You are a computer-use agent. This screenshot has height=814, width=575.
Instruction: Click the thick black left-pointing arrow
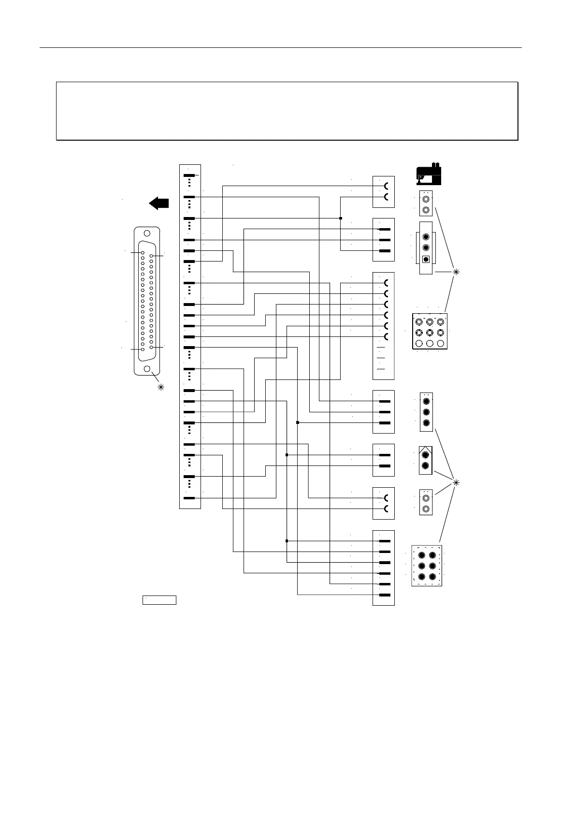[x=159, y=203]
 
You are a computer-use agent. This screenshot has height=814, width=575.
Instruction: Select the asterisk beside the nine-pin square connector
[x=456, y=272]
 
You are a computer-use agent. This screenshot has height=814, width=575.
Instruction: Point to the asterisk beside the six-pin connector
[x=456, y=482]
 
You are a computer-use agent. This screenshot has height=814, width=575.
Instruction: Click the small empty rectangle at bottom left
[x=159, y=600]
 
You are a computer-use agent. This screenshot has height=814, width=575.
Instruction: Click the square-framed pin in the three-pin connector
[x=426, y=259]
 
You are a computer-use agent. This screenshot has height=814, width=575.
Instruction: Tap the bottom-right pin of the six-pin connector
[x=432, y=577]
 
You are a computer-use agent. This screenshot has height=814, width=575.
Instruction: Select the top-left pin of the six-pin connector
[x=421, y=555]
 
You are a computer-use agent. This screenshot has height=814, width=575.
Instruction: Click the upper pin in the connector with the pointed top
[x=425, y=455]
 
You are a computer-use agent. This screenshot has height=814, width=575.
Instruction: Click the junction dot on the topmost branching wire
[x=341, y=218]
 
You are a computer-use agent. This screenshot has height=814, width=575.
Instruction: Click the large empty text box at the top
[x=287, y=111]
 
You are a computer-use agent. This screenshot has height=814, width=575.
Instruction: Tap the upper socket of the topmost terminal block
[x=386, y=186]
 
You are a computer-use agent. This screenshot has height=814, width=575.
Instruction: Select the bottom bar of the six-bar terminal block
[x=385, y=595]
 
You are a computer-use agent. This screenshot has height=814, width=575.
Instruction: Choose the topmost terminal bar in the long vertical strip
[x=189, y=175]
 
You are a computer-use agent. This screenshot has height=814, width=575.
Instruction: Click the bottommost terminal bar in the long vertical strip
[x=189, y=498]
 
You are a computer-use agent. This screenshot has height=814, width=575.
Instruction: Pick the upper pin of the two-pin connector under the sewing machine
[x=426, y=199]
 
